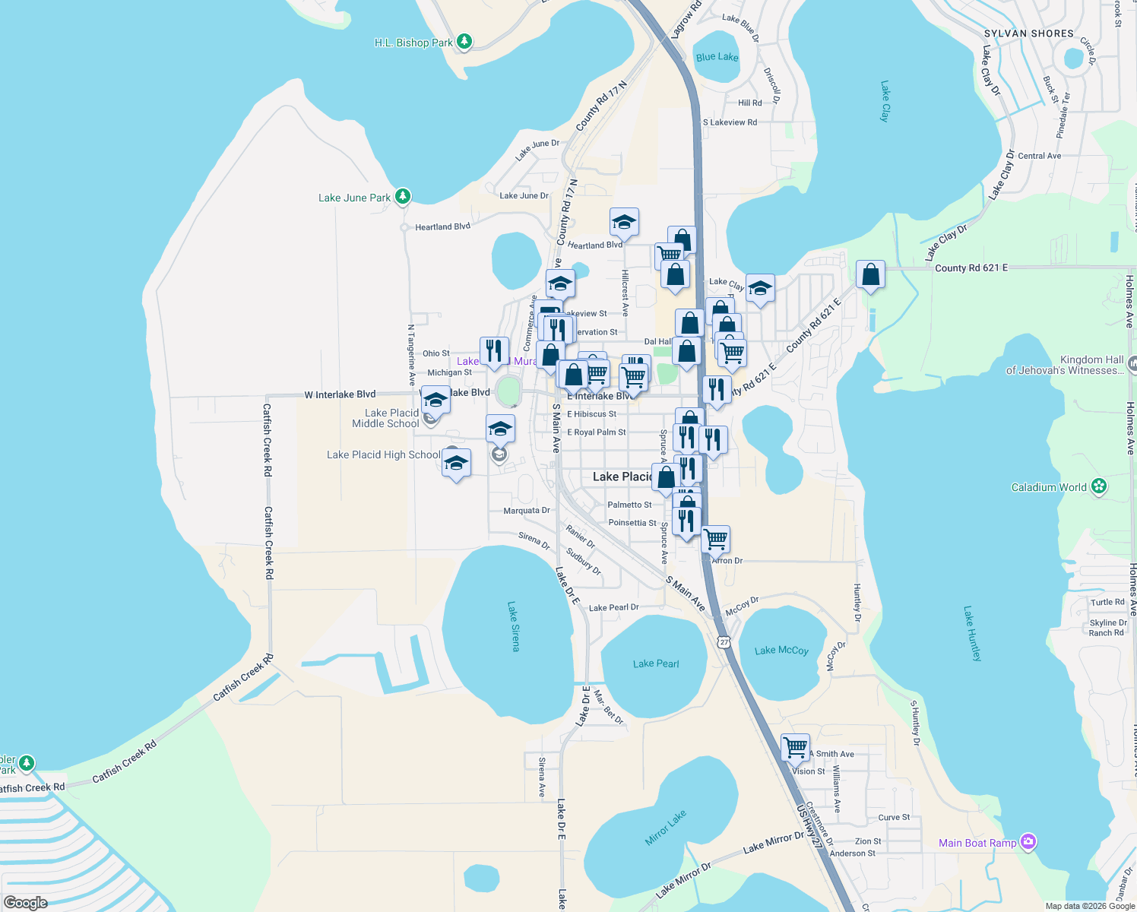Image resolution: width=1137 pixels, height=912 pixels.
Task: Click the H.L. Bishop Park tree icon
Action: [464, 42]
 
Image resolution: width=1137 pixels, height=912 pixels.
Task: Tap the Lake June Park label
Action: [354, 198]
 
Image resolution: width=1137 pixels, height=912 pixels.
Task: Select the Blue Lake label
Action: [717, 57]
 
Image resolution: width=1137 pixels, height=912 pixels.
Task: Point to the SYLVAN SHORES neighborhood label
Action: [1028, 33]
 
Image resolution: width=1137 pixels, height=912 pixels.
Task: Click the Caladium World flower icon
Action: [1098, 486]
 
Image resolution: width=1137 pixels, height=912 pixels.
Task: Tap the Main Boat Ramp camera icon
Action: [1028, 841]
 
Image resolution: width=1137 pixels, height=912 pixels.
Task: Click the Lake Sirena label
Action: [514, 626]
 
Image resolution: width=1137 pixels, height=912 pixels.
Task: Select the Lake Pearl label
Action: [656, 663]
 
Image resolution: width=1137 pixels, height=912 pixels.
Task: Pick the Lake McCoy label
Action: [781, 650]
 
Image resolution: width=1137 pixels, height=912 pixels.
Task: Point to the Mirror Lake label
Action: [666, 827]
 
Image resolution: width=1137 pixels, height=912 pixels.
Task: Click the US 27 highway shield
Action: [724, 642]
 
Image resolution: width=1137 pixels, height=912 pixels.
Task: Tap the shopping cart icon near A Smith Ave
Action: [795, 747]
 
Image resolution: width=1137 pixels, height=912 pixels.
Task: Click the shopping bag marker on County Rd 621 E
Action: [870, 274]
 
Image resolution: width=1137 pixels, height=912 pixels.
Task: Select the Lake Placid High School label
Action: [383, 454]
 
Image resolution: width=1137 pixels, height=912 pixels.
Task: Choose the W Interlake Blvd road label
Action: [340, 394]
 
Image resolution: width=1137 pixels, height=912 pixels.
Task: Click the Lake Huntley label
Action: [972, 633]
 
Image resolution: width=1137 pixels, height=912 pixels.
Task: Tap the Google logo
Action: [25, 902]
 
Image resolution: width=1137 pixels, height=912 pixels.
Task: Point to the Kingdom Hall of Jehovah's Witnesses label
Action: [1064, 365]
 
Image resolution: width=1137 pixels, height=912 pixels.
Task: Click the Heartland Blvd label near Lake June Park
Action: [442, 226]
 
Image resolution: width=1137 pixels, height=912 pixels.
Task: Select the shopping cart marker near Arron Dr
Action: [715, 539]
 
